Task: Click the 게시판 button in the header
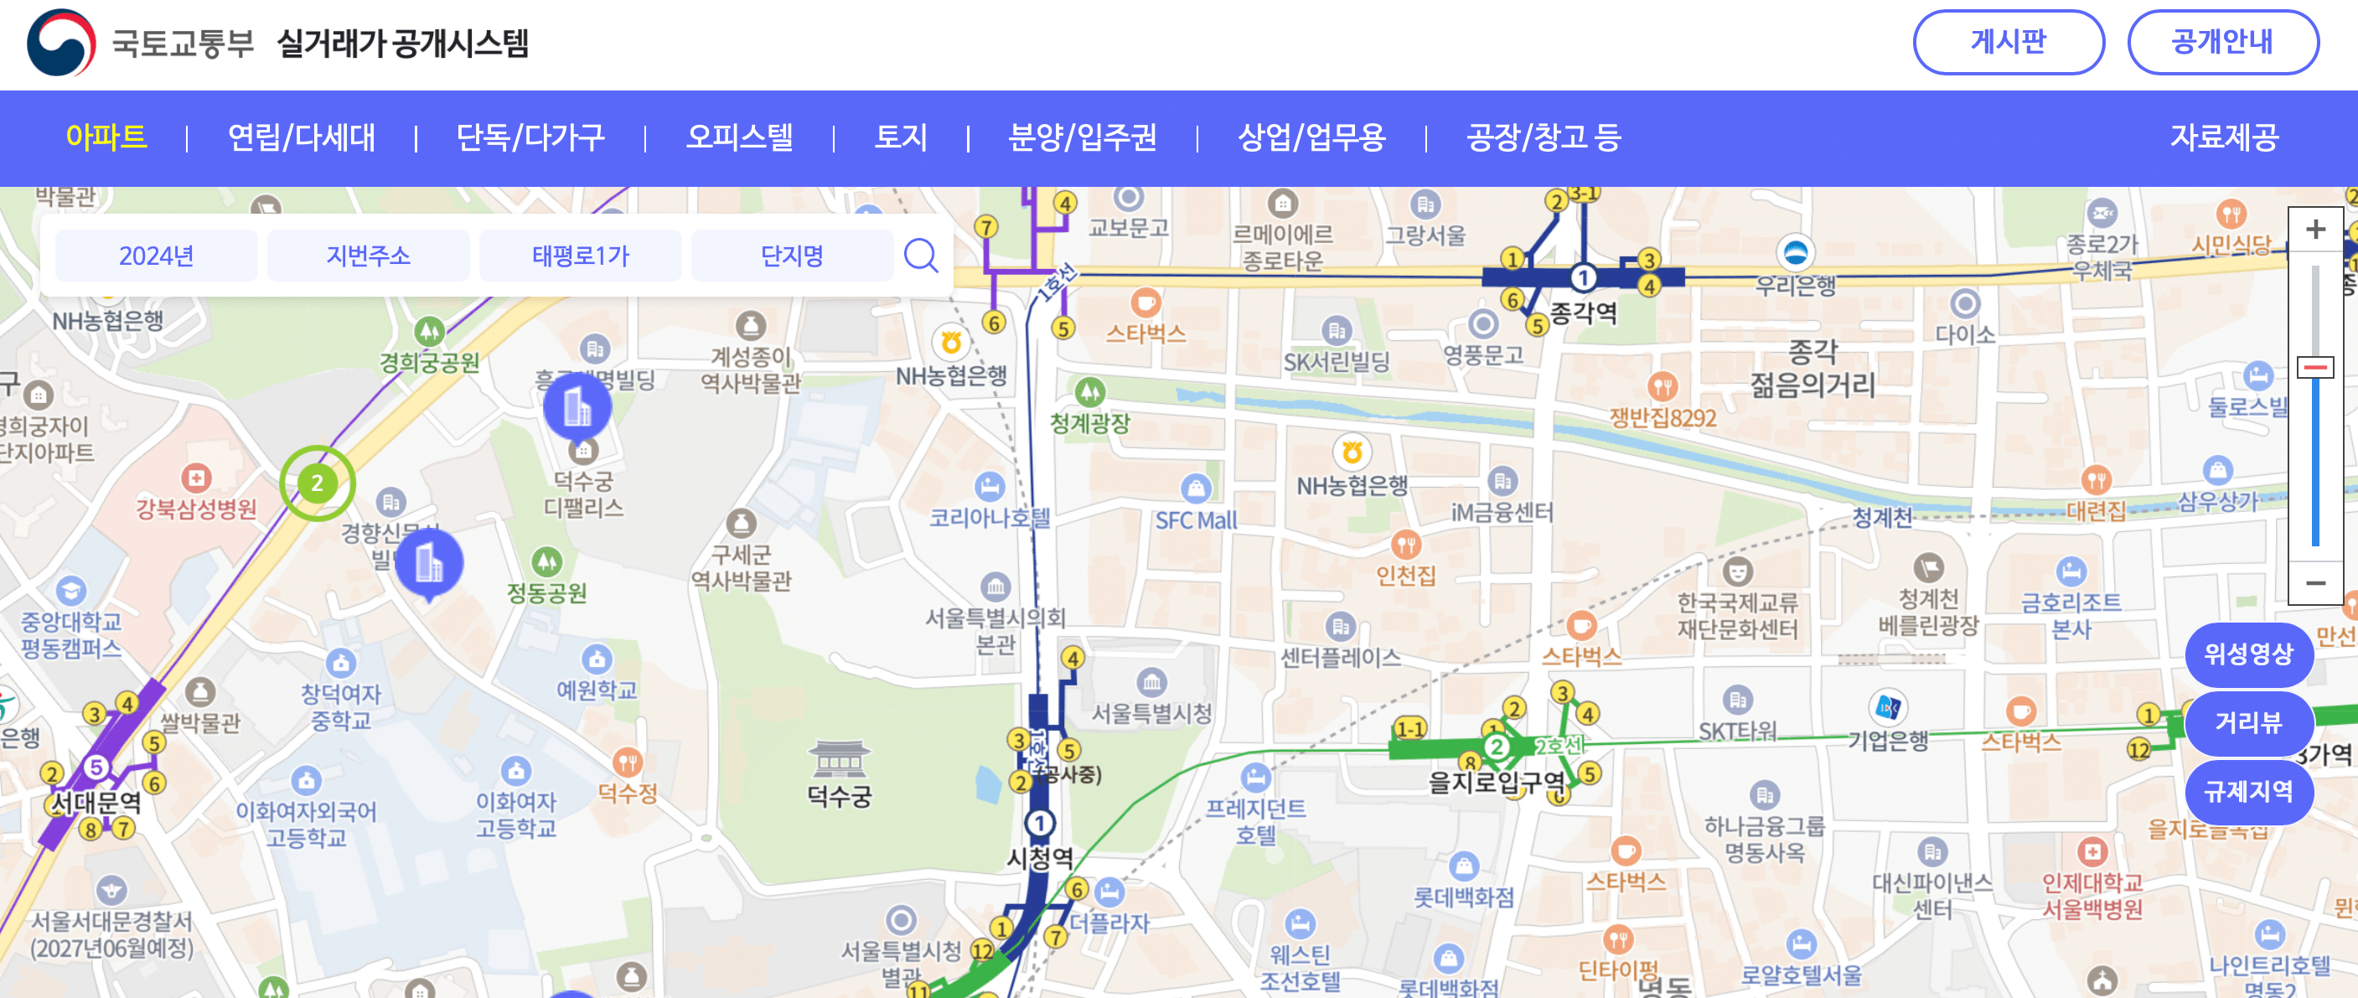click(x=2008, y=42)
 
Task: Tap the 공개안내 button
click(x=2221, y=42)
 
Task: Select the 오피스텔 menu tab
click(x=739, y=137)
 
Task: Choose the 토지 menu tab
click(x=901, y=137)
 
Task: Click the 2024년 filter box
click(x=156, y=256)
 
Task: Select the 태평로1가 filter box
click(x=581, y=256)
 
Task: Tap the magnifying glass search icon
click(x=921, y=256)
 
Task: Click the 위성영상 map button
click(x=2247, y=654)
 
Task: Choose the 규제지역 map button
click(x=2247, y=791)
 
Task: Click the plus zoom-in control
click(x=2315, y=229)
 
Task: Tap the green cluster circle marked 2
click(x=317, y=483)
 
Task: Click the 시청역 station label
click(x=1040, y=858)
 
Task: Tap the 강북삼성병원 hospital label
click(x=196, y=509)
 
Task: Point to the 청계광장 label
click(x=1089, y=423)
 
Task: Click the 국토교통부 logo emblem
click(x=61, y=43)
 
